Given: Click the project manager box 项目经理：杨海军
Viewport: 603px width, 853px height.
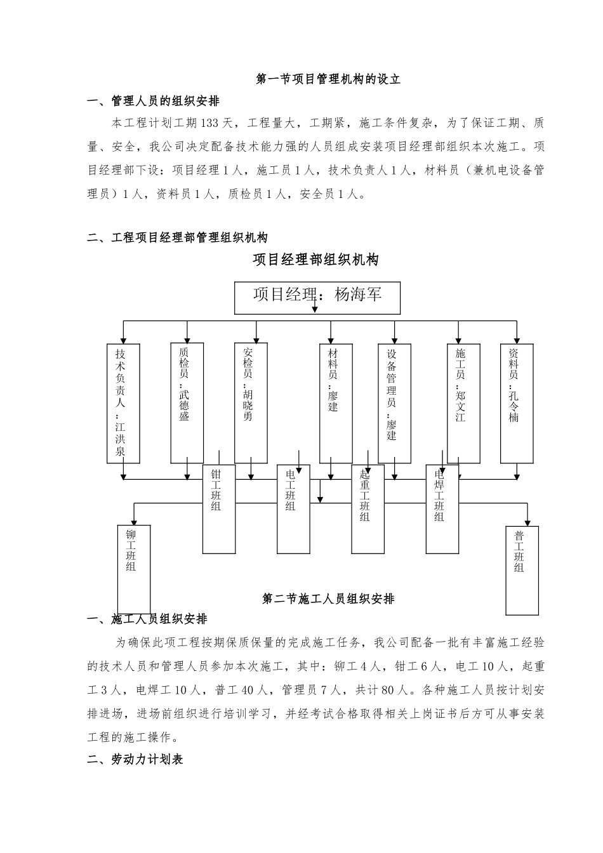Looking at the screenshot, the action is point(317,298).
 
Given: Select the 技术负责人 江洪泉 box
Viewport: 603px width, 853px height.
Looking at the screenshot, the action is point(123,403).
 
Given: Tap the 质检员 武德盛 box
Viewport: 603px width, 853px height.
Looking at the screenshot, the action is point(187,403).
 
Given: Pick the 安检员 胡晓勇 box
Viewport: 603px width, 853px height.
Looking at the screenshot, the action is point(250,403).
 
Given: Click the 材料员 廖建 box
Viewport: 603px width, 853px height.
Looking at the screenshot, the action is point(336,403).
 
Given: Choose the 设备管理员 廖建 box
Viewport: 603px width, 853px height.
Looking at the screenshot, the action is point(394,403).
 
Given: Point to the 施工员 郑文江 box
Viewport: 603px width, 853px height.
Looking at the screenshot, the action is point(463,403).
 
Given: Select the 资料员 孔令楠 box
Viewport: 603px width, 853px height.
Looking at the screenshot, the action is point(517,403).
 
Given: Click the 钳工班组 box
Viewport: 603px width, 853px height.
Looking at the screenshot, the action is point(218,509).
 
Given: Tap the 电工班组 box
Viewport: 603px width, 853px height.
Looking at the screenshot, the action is point(293,509).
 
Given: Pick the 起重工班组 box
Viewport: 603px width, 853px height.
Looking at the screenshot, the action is point(368,509).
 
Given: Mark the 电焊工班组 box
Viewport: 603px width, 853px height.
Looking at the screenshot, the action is point(442,509).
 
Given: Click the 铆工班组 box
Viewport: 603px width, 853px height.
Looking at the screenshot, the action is point(134,569).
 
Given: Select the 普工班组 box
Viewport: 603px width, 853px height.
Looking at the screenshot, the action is point(522,569).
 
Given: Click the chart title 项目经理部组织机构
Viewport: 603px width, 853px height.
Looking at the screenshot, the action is point(315,260).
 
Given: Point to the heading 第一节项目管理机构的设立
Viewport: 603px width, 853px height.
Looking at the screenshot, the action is point(328,79).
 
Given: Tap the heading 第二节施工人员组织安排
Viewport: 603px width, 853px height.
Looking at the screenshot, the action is point(328,599).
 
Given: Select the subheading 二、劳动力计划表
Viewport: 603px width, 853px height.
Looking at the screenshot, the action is point(135,759).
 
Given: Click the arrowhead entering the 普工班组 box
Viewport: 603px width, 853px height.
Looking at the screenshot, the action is point(527,521).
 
